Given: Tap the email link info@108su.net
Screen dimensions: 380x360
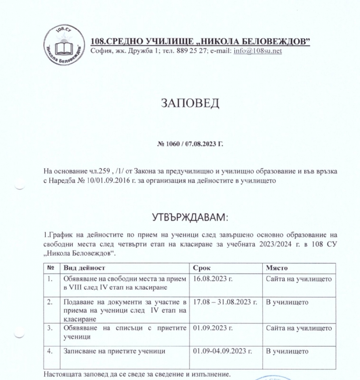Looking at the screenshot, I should click(258, 51).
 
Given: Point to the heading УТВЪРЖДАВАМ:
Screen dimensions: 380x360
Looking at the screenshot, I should click(190, 218).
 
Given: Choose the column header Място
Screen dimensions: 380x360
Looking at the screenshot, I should click(277, 268).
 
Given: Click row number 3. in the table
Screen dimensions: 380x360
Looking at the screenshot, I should click(50, 328).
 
